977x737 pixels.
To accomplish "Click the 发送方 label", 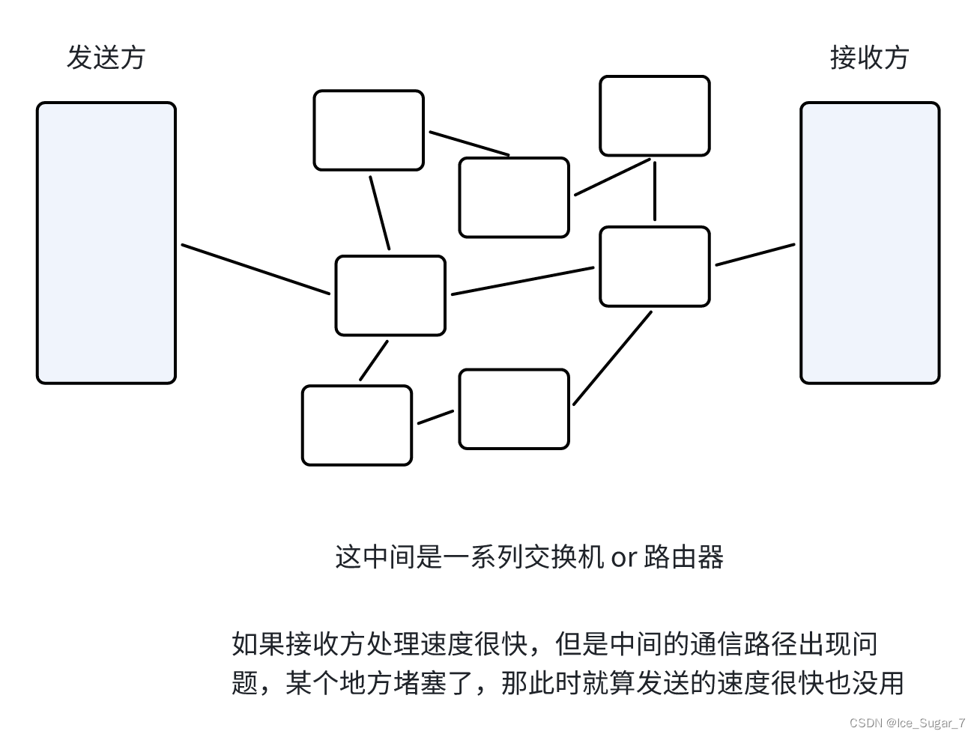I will (106, 58).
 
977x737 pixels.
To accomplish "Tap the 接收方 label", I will (869, 58).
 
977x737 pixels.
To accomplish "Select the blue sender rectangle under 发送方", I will (106, 243).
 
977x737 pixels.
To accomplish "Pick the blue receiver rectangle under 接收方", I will (869, 243).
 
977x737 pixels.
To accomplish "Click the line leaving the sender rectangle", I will (255, 269).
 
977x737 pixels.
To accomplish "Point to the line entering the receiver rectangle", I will (755, 255).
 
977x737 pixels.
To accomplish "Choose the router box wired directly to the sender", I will (390, 295).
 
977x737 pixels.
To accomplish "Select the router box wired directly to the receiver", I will (654, 267).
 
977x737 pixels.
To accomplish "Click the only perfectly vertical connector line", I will (654, 190).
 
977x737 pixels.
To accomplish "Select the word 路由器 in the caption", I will (683, 557).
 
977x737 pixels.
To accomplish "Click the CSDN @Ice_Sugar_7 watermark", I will (907, 723).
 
